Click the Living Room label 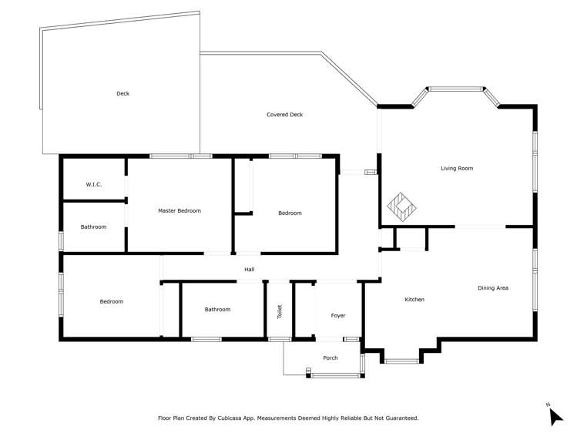pos(456,168)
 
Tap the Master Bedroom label pos(179,210)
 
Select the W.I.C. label pos(93,184)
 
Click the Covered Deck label pos(284,115)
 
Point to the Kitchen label pos(414,299)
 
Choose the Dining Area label pos(493,288)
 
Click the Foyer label pos(338,315)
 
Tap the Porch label pos(330,357)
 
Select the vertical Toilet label pos(280,311)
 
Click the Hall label pos(249,269)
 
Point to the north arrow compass pos(555,415)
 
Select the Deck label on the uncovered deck pos(122,93)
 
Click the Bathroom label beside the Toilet pos(217,310)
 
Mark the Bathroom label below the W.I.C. pos(93,227)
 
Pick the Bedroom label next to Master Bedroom pos(290,213)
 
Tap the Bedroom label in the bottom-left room pos(111,301)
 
